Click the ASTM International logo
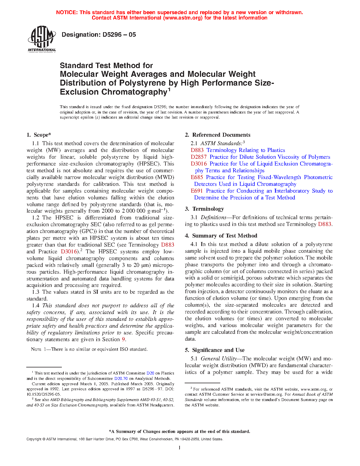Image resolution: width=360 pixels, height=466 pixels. [42, 39]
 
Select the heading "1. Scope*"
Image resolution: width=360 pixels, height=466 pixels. [39, 135]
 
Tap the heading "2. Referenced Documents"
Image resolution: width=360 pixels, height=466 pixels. [218, 135]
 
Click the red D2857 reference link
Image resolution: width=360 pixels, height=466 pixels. [198, 157]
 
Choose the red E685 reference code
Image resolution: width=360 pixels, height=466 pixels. [197, 177]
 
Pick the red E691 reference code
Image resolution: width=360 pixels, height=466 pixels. [197, 191]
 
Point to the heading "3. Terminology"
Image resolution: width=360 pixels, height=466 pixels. [204, 209]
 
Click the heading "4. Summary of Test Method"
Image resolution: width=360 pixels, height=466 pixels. [221, 236]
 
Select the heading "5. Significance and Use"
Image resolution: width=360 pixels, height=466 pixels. [215, 350]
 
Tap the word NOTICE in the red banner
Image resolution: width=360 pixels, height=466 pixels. [67, 12]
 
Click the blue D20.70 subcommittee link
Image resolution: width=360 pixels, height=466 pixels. [121, 378]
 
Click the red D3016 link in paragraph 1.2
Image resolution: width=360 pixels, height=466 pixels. [69, 252]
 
